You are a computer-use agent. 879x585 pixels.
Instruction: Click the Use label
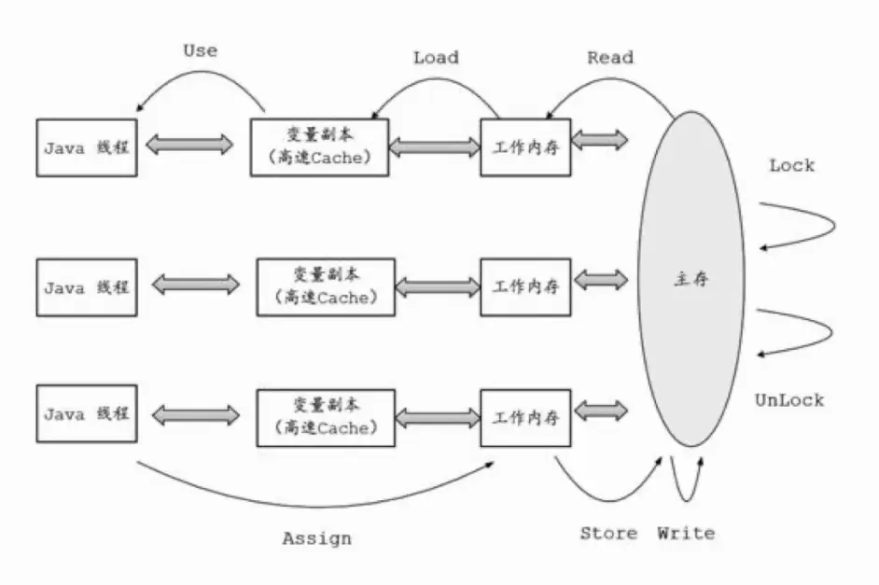[201, 50]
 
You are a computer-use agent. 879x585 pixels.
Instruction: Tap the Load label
[436, 58]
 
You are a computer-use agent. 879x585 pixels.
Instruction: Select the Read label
[610, 58]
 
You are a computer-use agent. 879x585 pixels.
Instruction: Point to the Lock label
[791, 165]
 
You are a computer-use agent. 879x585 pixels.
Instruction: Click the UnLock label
[789, 400]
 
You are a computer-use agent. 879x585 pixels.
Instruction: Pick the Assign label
[317, 538]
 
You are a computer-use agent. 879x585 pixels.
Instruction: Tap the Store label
[608, 534]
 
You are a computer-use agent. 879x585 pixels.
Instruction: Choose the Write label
[686, 534]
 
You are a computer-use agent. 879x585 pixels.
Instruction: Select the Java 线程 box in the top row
[87, 147]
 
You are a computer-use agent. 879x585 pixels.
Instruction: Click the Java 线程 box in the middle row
[87, 286]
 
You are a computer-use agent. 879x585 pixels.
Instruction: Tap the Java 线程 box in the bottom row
[87, 412]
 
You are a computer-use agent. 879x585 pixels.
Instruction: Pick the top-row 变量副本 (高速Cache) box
[319, 146]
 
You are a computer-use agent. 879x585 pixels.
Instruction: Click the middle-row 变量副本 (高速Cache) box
[326, 286]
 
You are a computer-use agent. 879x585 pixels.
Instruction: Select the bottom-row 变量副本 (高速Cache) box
[326, 416]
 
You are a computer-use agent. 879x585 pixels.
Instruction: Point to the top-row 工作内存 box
[525, 146]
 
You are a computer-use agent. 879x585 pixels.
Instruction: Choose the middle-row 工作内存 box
[525, 286]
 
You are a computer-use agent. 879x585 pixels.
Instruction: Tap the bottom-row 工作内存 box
[525, 416]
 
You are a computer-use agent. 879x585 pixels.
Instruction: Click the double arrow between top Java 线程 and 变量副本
[190, 145]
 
